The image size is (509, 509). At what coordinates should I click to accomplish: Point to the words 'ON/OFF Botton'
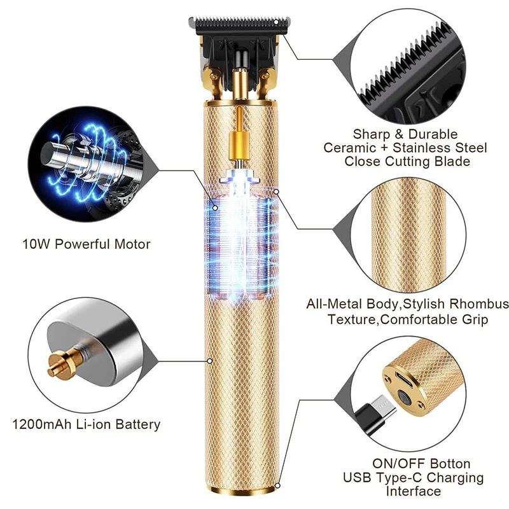click(422, 464)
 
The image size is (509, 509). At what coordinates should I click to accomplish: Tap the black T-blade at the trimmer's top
click(235, 26)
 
